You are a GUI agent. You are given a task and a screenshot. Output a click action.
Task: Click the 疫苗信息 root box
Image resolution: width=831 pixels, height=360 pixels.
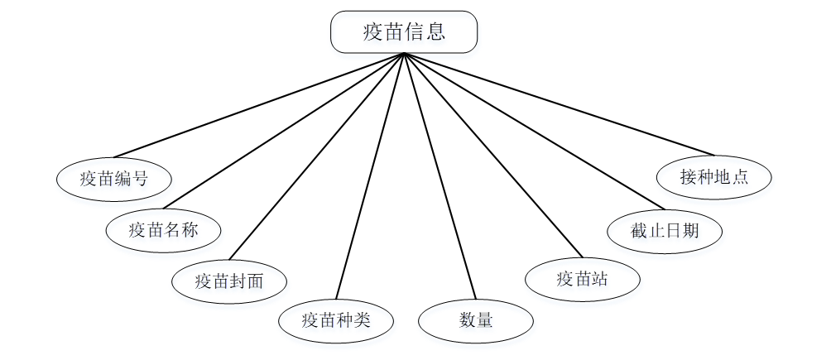pyautogui.click(x=404, y=32)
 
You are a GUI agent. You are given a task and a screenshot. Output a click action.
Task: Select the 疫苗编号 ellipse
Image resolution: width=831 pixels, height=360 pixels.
pyautogui.click(x=113, y=178)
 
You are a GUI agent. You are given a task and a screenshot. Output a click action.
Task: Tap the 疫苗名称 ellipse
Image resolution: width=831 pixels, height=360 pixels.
pyautogui.click(x=163, y=229)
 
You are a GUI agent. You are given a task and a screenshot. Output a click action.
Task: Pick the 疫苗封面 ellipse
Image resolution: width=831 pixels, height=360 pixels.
pyautogui.click(x=229, y=281)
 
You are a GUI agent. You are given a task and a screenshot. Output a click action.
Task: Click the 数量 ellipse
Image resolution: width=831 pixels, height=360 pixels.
pyautogui.click(x=475, y=319)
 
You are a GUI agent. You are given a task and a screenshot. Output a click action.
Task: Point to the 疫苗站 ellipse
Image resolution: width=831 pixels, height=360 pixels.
pyautogui.click(x=583, y=279)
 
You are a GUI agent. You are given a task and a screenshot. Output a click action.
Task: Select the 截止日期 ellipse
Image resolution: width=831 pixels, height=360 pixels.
pyautogui.click(x=665, y=229)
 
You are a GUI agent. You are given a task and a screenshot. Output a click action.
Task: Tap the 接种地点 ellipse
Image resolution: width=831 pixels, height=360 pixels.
pyautogui.click(x=713, y=177)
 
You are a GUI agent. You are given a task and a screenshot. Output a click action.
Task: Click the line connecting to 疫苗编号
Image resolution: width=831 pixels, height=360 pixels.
pyautogui.click(x=258, y=105)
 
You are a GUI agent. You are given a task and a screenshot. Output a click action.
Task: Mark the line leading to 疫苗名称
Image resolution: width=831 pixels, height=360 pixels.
pyautogui.click(x=283, y=131)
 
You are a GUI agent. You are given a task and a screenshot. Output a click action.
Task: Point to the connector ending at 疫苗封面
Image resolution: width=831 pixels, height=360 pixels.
pyautogui.click(x=316, y=156)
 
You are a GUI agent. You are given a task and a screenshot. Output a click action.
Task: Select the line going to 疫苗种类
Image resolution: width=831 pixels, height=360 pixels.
pyautogui.click(x=370, y=175)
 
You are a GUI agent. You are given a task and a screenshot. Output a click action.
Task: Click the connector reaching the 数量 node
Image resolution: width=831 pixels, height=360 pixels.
pyautogui.click(x=440, y=175)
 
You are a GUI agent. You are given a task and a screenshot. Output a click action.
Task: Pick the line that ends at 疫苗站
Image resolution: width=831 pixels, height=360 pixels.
pyautogui.click(x=493, y=156)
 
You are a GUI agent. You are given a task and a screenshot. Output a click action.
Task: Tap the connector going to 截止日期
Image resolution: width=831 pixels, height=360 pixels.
pyautogui.click(x=535, y=131)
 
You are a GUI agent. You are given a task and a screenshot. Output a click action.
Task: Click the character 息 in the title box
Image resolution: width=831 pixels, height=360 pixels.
pyautogui.click(x=436, y=32)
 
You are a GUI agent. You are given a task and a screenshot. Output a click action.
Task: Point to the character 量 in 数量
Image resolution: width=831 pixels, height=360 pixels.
pyautogui.click(x=484, y=319)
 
